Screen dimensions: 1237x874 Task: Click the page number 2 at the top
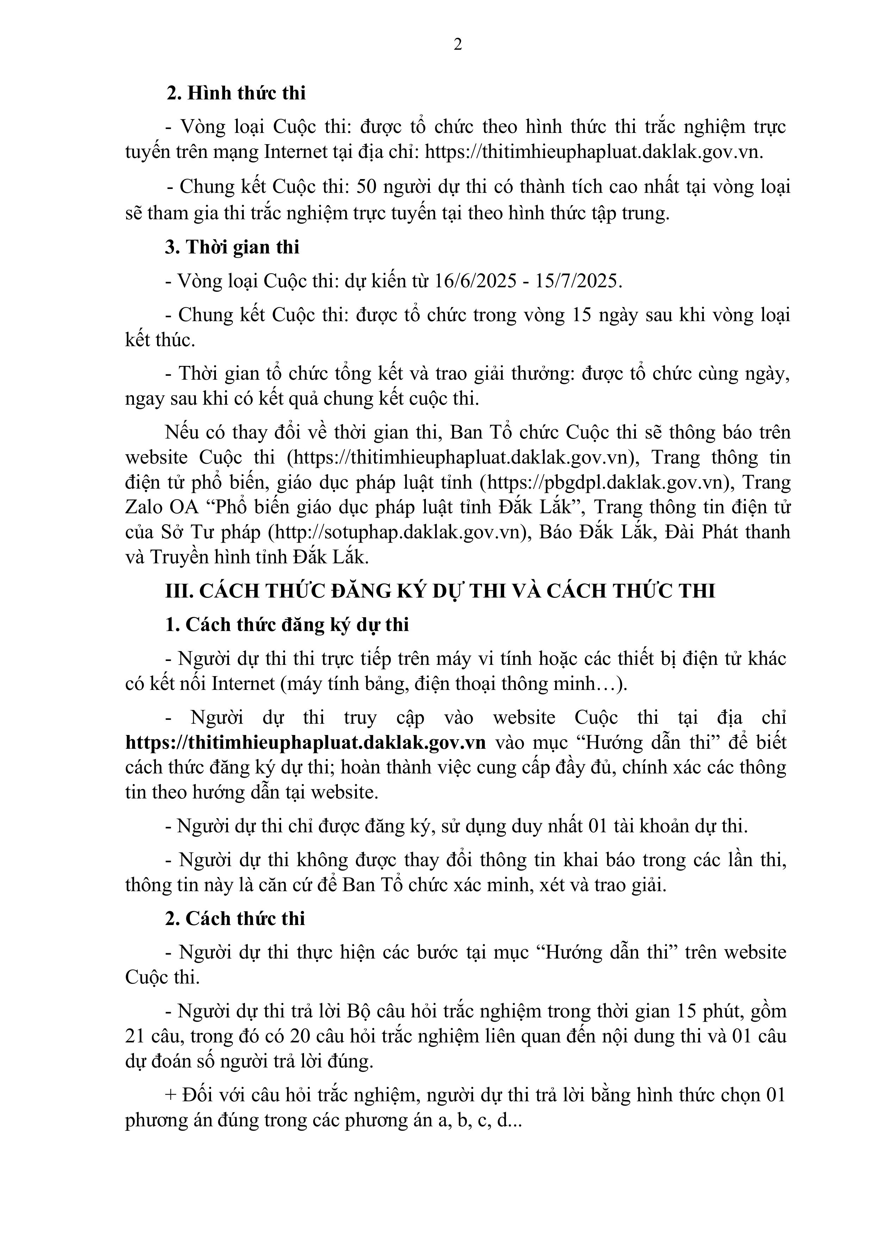pos(458,45)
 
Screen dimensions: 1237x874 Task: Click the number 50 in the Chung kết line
pos(369,187)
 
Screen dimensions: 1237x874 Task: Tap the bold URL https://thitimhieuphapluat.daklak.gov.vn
pos(305,742)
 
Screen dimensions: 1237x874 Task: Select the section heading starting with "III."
pos(440,591)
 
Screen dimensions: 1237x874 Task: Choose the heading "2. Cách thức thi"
pos(235,919)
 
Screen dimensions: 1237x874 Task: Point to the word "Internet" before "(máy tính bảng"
pos(243,684)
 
